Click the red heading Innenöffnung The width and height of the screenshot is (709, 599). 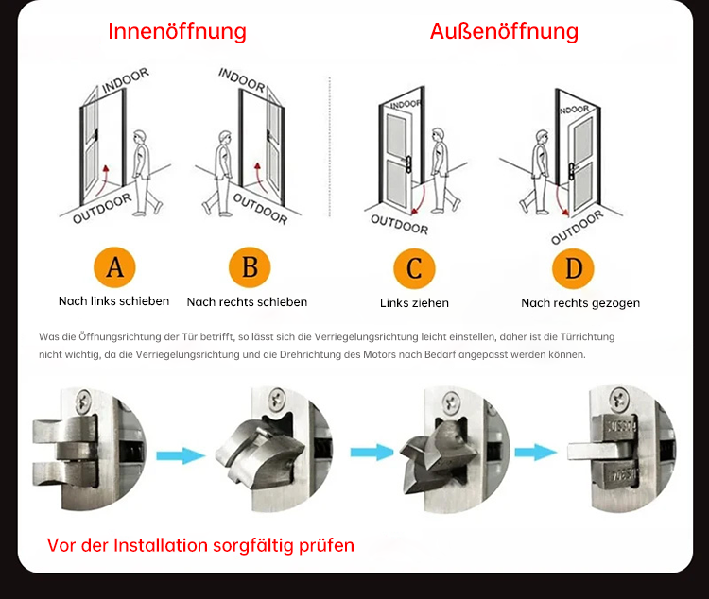[x=177, y=31]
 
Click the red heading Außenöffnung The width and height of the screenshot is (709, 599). [x=504, y=31]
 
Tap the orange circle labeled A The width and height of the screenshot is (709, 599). [x=114, y=268]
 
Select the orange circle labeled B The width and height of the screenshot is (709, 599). [x=250, y=268]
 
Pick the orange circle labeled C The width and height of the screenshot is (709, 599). [x=413, y=269]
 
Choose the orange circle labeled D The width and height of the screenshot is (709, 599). [x=573, y=269]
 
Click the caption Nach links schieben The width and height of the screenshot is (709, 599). [x=113, y=301]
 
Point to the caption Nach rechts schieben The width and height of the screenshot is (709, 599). [x=247, y=302]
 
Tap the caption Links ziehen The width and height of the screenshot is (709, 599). [x=414, y=303]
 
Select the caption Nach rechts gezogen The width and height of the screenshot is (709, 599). [x=580, y=303]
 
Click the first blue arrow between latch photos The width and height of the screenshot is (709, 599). [x=180, y=456]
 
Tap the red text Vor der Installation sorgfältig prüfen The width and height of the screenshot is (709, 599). [x=200, y=545]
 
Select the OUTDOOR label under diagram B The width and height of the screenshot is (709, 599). [x=260, y=209]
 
